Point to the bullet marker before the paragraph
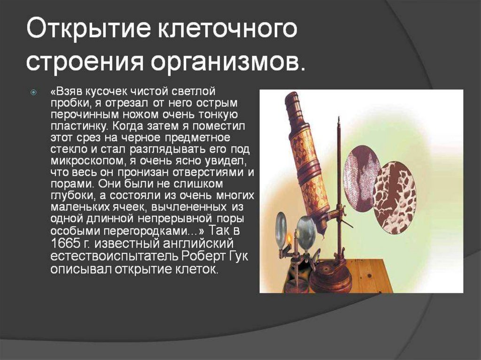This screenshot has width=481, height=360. pyautogui.click(x=33, y=92)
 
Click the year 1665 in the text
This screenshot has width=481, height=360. pyautogui.click(x=65, y=244)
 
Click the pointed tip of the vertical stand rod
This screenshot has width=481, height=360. pyautogui.click(x=339, y=117)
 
